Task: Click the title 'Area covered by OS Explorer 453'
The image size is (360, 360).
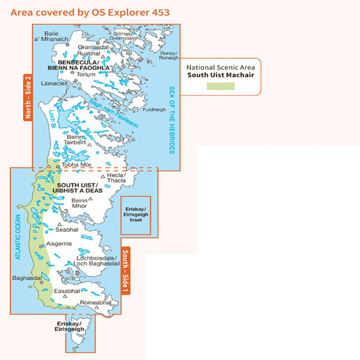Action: coord(90,13)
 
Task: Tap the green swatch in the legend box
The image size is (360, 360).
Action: coord(220,86)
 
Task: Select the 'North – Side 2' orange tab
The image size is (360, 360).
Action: coord(28,97)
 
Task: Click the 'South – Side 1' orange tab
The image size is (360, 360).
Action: coord(125,271)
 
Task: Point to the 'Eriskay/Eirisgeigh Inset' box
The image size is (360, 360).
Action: coord(136,215)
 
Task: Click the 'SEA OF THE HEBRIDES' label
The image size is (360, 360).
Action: coord(172,120)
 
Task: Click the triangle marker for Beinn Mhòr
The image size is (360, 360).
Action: coord(90,199)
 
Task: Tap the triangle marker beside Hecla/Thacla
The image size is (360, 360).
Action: coord(103,177)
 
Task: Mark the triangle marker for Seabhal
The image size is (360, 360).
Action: coord(60,224)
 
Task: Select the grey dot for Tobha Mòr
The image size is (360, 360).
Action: coord(58,167)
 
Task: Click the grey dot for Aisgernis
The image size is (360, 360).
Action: coord(41,247)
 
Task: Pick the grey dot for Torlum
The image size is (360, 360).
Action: coord(72,72)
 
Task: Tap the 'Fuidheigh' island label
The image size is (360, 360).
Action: coord(154,110)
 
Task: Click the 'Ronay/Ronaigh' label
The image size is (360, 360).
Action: coord(169,56)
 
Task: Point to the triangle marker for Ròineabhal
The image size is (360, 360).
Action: coord(96,307)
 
